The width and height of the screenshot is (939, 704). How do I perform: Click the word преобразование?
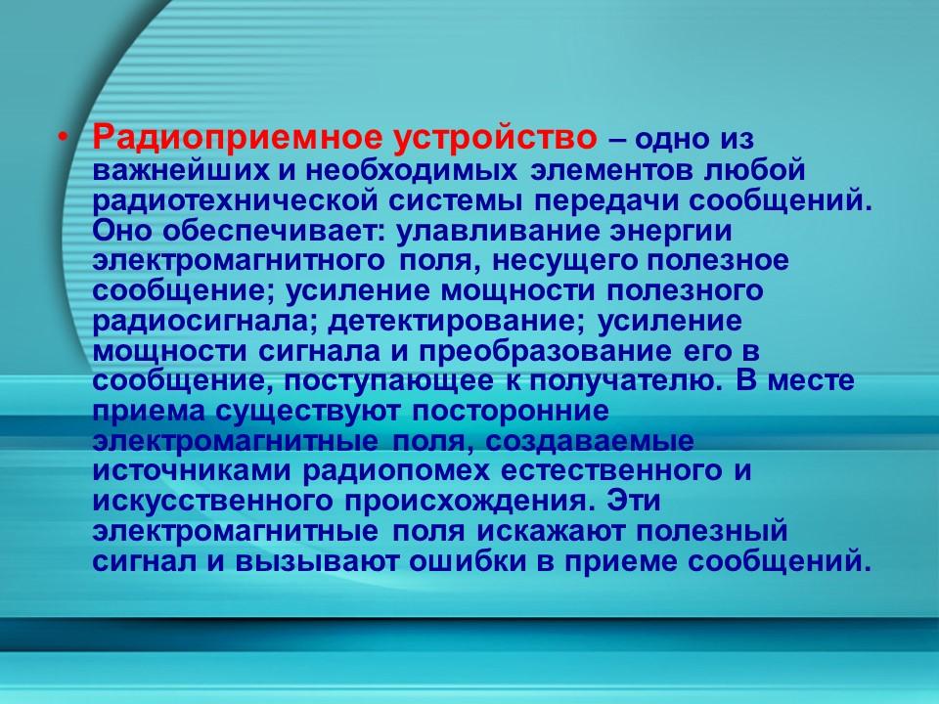[x=527, y=351]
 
